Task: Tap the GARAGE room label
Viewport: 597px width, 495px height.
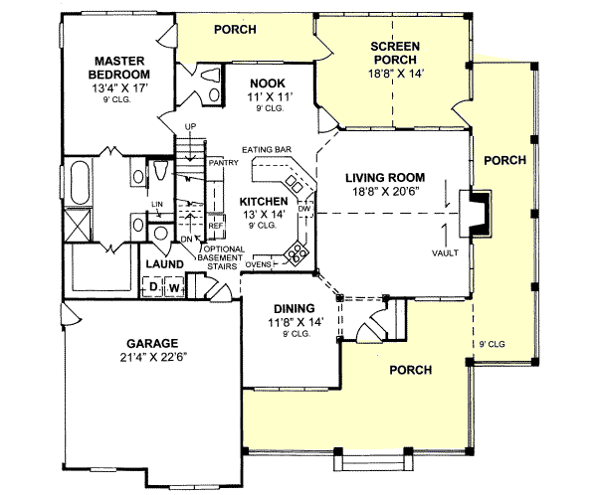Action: (152, 339)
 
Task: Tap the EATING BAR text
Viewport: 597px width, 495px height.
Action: (270, 150)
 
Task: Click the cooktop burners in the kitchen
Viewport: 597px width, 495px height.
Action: (297, 252)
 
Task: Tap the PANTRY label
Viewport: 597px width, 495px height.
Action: (221, 161)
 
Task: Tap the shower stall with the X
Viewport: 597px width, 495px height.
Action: (77, 225)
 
